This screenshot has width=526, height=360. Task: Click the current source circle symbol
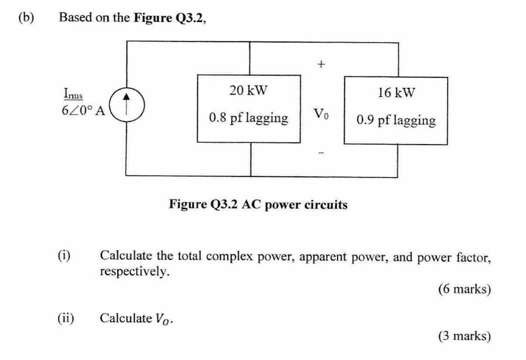126,104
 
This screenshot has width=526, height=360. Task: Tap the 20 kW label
248,91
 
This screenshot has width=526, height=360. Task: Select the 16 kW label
396,93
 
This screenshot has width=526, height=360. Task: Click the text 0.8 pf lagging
248,118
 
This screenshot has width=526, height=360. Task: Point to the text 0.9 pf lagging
396,120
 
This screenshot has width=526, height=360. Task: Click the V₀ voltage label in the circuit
321,114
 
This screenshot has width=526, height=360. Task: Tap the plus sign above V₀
322,63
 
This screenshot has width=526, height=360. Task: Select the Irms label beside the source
73,93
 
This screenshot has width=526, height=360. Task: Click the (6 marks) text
464,289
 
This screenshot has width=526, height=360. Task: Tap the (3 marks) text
464,336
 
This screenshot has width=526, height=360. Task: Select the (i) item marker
64,256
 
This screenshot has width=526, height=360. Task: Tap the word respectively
134,271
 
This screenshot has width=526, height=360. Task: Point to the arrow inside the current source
126,104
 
